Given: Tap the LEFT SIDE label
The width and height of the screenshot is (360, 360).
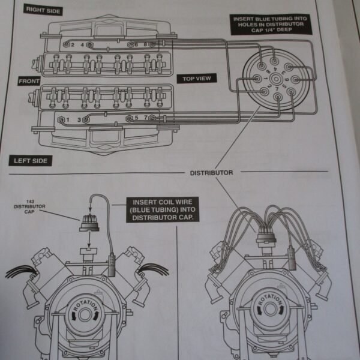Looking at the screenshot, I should click(x=34, y=160).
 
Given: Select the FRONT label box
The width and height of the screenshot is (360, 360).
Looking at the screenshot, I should click(x=29, y=81).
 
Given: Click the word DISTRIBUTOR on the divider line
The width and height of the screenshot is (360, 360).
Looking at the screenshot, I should click(x=211, y=173).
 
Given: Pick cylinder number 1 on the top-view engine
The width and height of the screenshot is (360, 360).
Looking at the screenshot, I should click(x=67, y=120).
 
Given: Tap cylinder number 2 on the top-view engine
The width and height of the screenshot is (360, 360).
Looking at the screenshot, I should click(x=73, y=45).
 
